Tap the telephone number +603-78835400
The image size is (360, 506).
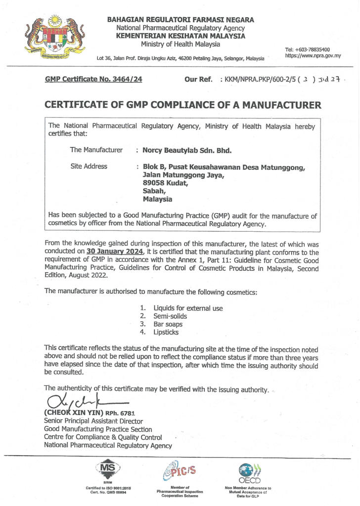(308, 49)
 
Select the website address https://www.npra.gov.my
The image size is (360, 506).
(313, 56)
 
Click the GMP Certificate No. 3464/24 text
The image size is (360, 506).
(93, 79)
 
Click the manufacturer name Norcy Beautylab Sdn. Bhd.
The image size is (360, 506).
(187, 150)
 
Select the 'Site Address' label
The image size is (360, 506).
(89, 167)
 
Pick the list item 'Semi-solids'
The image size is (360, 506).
(171, 316)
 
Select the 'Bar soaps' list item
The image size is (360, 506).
(168, 324)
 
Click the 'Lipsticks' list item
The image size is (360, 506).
(166, 332)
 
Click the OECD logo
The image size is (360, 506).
(249, 472)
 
